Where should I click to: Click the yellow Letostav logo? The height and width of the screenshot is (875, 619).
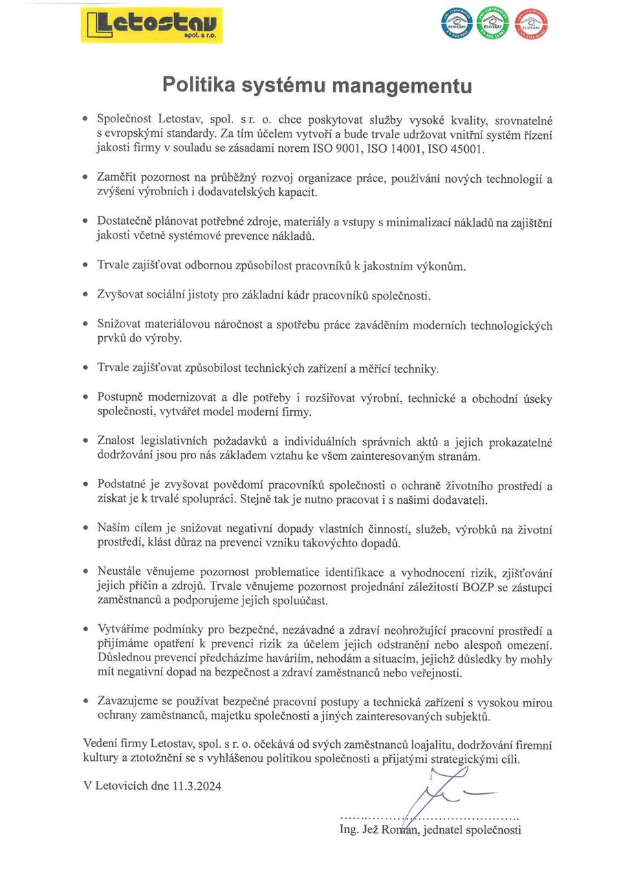pos(152,25)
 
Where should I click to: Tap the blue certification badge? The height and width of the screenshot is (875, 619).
pos(456,25)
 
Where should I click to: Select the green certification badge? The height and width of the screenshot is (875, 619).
pos(494,25)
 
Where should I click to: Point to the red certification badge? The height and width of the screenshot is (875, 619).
pos(532,25)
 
